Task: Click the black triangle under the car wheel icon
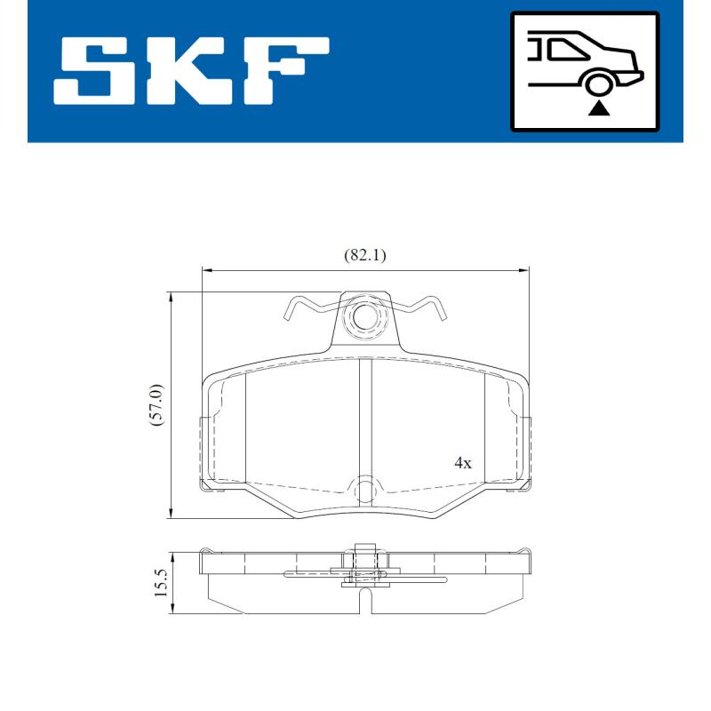pyautogui.click(x=599, y=109)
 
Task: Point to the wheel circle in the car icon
pyautogui.click(x=599, y=84)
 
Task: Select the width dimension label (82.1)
pyautogui.click(x=364, y=255)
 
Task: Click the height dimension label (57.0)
pyautogui.click(x=155, y=406)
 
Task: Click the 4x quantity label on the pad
pyautogui.click(x=462, y=463)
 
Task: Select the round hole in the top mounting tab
pyautogui.click(x=364, y=316)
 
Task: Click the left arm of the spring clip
pyautogui.click(x=307, y=308)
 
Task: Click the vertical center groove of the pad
pyautogui.click(x=364, y=418)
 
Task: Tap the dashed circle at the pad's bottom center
pyautogui.click(x=364, y=490)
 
